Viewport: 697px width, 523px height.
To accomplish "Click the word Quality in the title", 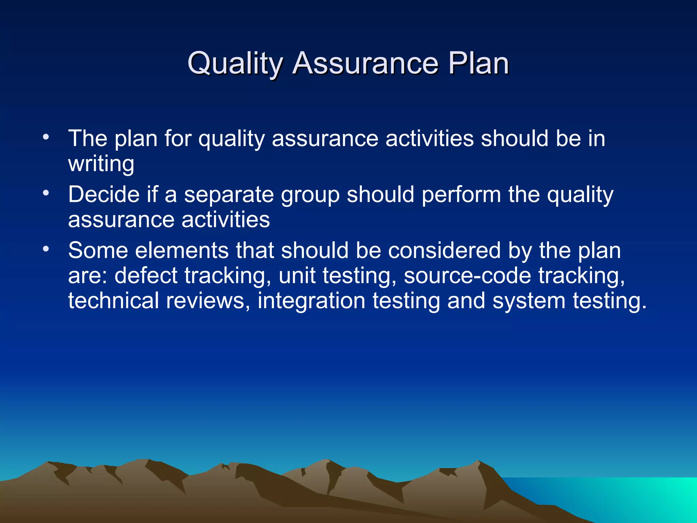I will coord(235,63).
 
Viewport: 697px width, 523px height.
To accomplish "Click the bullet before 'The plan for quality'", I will coord(46,138).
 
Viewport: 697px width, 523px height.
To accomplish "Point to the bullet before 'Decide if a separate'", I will coord(46,193).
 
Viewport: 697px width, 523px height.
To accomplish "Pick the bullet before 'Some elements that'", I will coord(46,249).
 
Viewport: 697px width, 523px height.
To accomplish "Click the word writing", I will coord(101,164).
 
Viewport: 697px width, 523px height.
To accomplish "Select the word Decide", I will coord(104,194).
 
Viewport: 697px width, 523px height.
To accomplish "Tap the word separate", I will coord(229,195).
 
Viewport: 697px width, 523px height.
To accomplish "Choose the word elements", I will coord(182,251).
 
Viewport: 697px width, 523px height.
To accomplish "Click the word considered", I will coord(444,251).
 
